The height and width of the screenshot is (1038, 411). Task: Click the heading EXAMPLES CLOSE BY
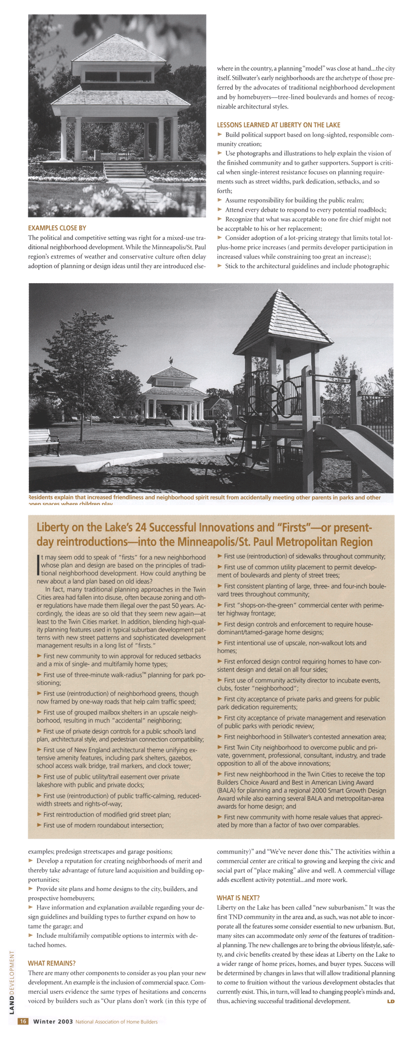[57, 228]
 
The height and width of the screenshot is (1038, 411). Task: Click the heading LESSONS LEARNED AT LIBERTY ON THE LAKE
[278, 125]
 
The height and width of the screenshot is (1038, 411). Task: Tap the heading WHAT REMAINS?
[51, 963]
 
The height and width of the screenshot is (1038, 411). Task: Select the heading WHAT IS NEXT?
[238, 898]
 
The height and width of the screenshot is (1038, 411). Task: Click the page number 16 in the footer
[23, 1021]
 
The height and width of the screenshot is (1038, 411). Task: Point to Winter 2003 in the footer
[53, 1022]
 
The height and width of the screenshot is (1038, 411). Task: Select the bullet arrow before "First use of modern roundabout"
[40, 825]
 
